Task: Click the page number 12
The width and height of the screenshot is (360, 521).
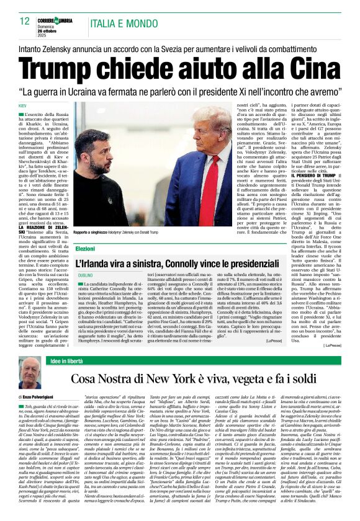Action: (25, 21)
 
